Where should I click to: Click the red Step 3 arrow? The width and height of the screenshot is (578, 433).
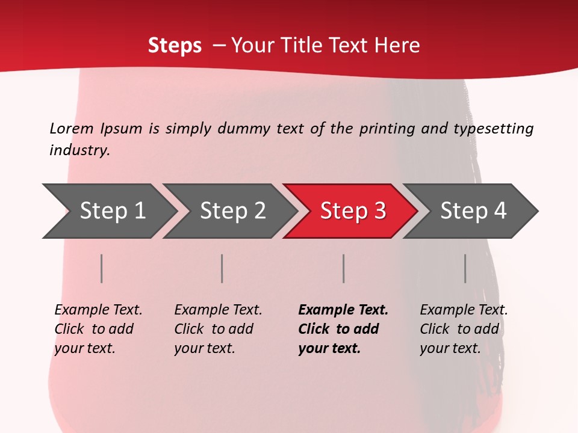352,211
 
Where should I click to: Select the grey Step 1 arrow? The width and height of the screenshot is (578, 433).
112,211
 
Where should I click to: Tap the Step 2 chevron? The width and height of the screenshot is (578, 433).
232,211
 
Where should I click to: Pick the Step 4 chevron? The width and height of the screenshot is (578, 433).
473,211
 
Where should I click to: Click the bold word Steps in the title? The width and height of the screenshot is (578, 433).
175,46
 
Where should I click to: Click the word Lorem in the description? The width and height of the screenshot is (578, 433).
72,128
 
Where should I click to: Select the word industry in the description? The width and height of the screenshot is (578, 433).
79,150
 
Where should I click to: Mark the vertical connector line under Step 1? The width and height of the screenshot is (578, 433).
102,268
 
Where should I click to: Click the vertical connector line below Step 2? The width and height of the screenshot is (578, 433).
222,268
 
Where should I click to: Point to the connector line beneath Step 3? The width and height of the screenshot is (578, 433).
344,268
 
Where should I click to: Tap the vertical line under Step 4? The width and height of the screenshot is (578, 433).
465,268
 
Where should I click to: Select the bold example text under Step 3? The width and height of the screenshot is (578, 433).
342,329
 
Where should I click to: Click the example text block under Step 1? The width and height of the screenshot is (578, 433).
98,329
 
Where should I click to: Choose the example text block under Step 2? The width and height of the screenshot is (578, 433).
217,329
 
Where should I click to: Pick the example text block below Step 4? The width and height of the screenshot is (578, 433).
463,329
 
